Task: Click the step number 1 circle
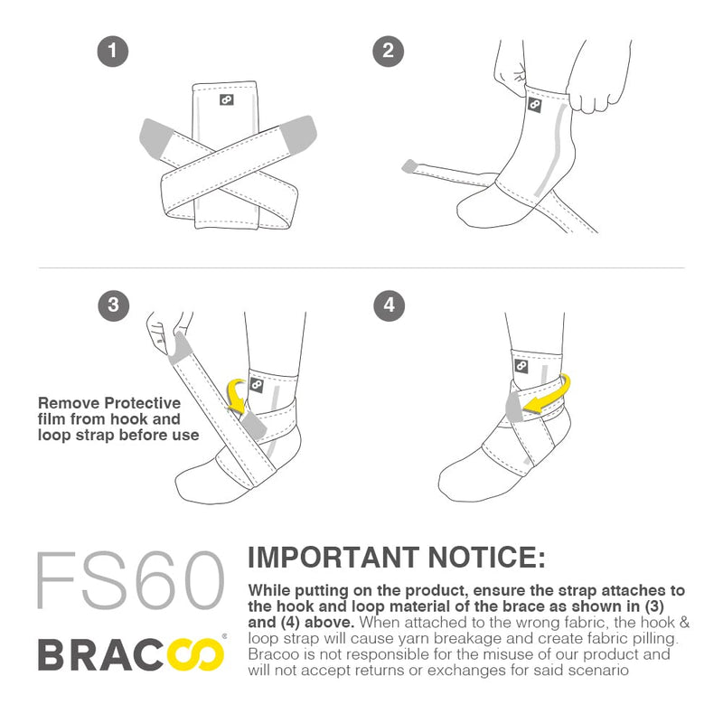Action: coord(112,51)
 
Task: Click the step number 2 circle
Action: coord(389,51)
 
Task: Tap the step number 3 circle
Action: coord(112,305)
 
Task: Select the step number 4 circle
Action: coord(389,305)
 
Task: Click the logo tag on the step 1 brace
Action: coord(226,99)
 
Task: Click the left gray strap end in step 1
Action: coord(158,134)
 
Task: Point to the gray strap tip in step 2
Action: coord(411,164)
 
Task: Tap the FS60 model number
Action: coord(128,578)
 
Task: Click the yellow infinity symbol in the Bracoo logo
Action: coord(197,653)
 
